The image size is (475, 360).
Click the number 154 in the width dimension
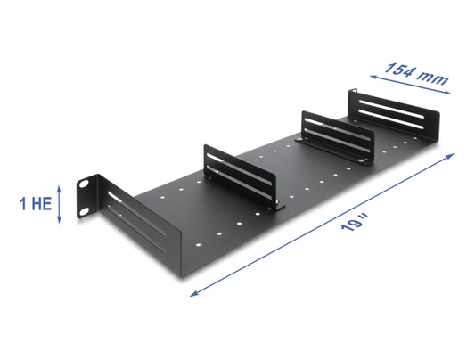pos(399,70)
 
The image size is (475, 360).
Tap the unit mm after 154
pos(433,78)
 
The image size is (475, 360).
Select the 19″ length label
pos(355,222)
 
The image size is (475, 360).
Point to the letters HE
pos(42,203)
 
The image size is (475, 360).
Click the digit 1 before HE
pos(23,203)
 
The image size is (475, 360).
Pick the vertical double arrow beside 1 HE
pos(59,205)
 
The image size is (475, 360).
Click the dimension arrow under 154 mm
pos(411,85)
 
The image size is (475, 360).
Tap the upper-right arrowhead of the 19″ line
pos(451,155)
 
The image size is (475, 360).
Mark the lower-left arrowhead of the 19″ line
pos(193,294)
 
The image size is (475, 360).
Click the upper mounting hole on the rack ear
pos(83,184)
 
